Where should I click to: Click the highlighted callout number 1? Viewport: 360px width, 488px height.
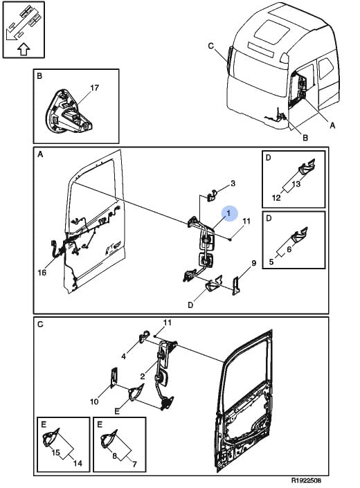(x=228, y=213)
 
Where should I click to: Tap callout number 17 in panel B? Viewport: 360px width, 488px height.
(x=94, y=88)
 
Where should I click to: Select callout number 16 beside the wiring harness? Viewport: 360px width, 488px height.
(x=42, y=272)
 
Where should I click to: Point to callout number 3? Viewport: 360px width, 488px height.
(x=233, y=183)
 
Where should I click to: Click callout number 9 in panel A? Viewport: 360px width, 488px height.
(x=254, y=263)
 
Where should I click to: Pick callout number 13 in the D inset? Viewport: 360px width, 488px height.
(x=296, y=184)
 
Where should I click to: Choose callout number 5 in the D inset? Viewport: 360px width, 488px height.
(x=271, y=262)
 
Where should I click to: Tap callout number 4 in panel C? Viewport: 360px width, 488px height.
(x=123, y=356)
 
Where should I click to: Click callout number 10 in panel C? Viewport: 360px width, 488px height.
(x=94, y=401)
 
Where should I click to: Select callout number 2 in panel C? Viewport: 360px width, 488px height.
(x=143, y=377)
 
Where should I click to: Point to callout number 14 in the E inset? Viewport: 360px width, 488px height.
(x=78, y=463)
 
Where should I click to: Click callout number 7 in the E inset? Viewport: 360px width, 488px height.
(x=134, y=464)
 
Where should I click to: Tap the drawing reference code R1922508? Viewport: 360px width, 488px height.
(x=306, y=480)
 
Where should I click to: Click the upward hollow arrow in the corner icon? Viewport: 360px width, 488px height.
(x=24, y=49)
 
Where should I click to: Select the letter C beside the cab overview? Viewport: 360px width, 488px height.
(x=211, y=46)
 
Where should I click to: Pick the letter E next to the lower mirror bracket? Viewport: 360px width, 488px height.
(x=117, y=411)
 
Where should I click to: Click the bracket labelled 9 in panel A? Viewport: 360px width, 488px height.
(x=236, y=285)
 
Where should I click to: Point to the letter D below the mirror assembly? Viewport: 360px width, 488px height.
(x=190, y=305)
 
